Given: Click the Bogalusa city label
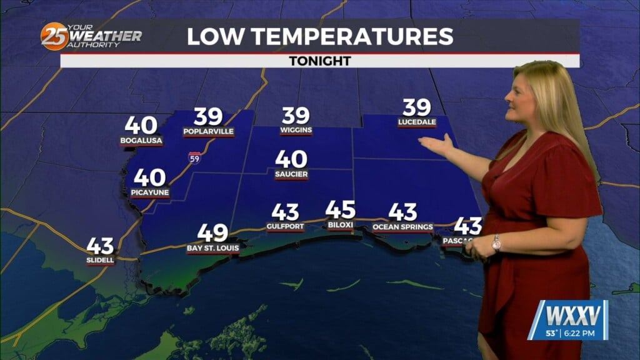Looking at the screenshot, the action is click(141, 141).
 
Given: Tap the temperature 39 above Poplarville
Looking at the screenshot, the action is click(208, 117).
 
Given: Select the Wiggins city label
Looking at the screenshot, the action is click(296, 130).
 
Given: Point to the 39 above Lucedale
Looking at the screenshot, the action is click(416, 108).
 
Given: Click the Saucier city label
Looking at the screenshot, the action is click(291, 174).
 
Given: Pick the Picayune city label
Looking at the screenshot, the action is click(150, 192).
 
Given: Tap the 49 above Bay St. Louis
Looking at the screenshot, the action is click(212, 233).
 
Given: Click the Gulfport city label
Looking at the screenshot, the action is click(285, 227).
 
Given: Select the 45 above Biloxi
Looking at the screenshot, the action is click(341, 210).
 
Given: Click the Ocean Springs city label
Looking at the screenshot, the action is click(402, 227).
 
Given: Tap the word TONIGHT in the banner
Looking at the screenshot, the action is click(319, 61).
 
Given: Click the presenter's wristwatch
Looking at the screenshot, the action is click(496, 242).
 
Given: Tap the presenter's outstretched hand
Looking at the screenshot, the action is click(436, 146).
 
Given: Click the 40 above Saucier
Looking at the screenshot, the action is click(291, 159).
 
